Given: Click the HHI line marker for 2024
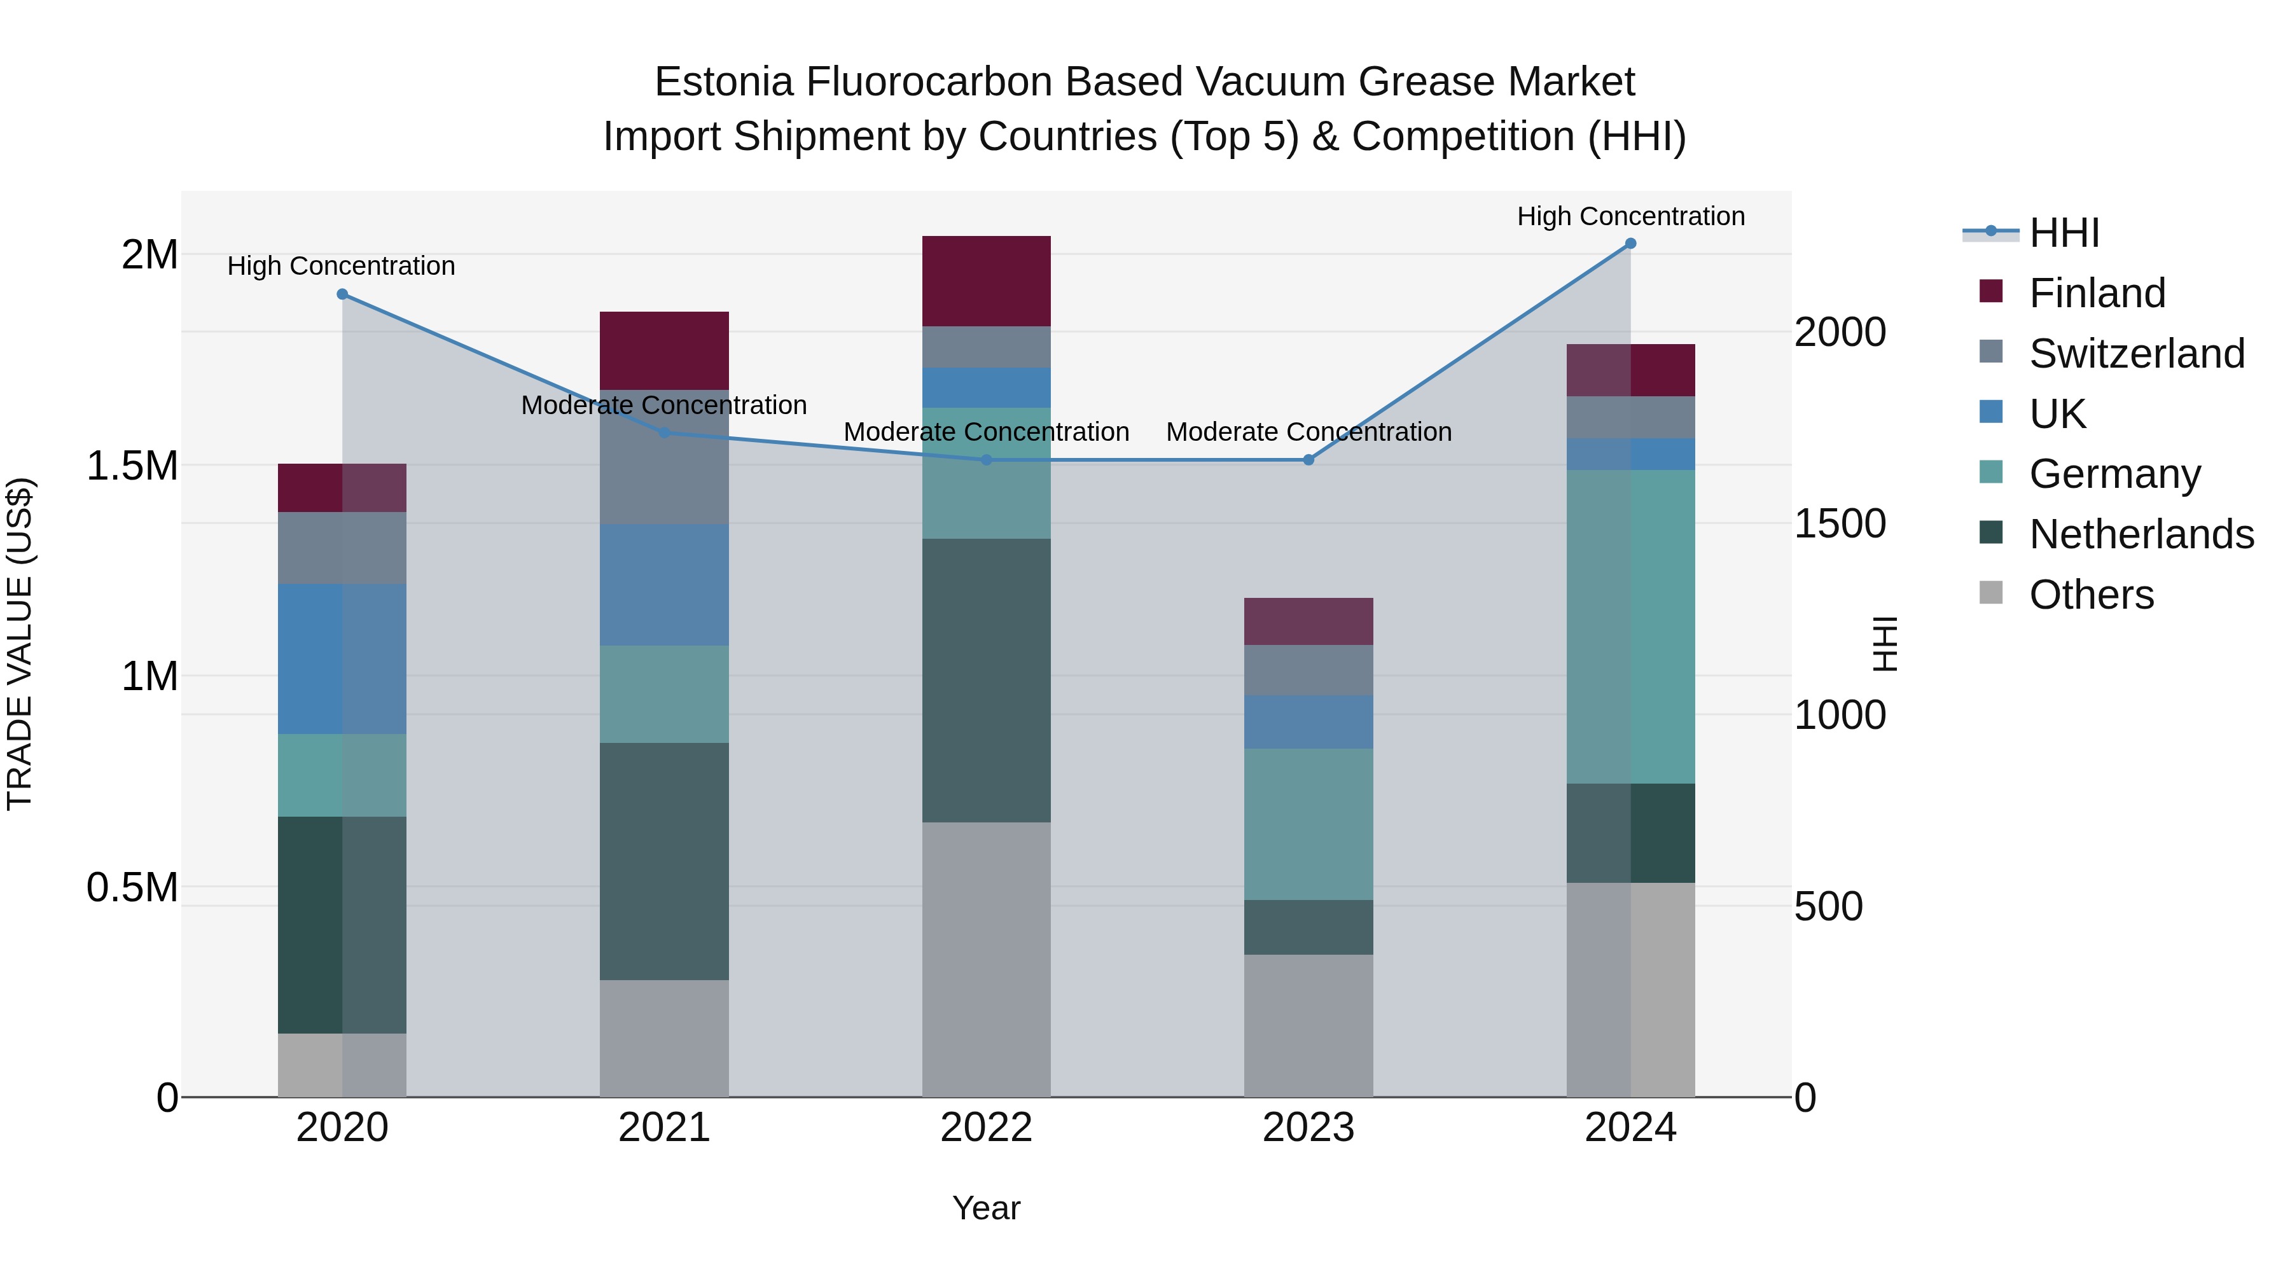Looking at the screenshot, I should pos(1630,244).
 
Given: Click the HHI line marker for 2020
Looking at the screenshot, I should pos(342,294).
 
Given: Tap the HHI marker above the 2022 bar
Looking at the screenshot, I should pos(986,460).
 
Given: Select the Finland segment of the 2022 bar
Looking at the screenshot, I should pos(986,281).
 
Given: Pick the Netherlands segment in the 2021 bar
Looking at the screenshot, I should pos(664,861).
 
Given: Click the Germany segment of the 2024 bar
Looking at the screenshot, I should pos(1630,626).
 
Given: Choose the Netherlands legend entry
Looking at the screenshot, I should pos(2141,534).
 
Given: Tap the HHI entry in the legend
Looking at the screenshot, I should pos(2064,233).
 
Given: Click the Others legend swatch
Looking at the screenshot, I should pos(1991,593).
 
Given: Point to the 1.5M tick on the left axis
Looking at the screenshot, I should pos(132,466).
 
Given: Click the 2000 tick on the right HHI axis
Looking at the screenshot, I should pos(1839,333).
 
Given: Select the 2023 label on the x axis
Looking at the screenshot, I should pos(1308,1128).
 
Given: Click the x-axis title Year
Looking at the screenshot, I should pos(986,1208).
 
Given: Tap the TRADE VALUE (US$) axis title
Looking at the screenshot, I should pos(20,644).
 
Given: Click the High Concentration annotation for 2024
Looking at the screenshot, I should pos(1630,216).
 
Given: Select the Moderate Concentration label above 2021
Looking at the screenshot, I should pos(664,405).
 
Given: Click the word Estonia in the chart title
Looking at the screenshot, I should pos(724,82).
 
